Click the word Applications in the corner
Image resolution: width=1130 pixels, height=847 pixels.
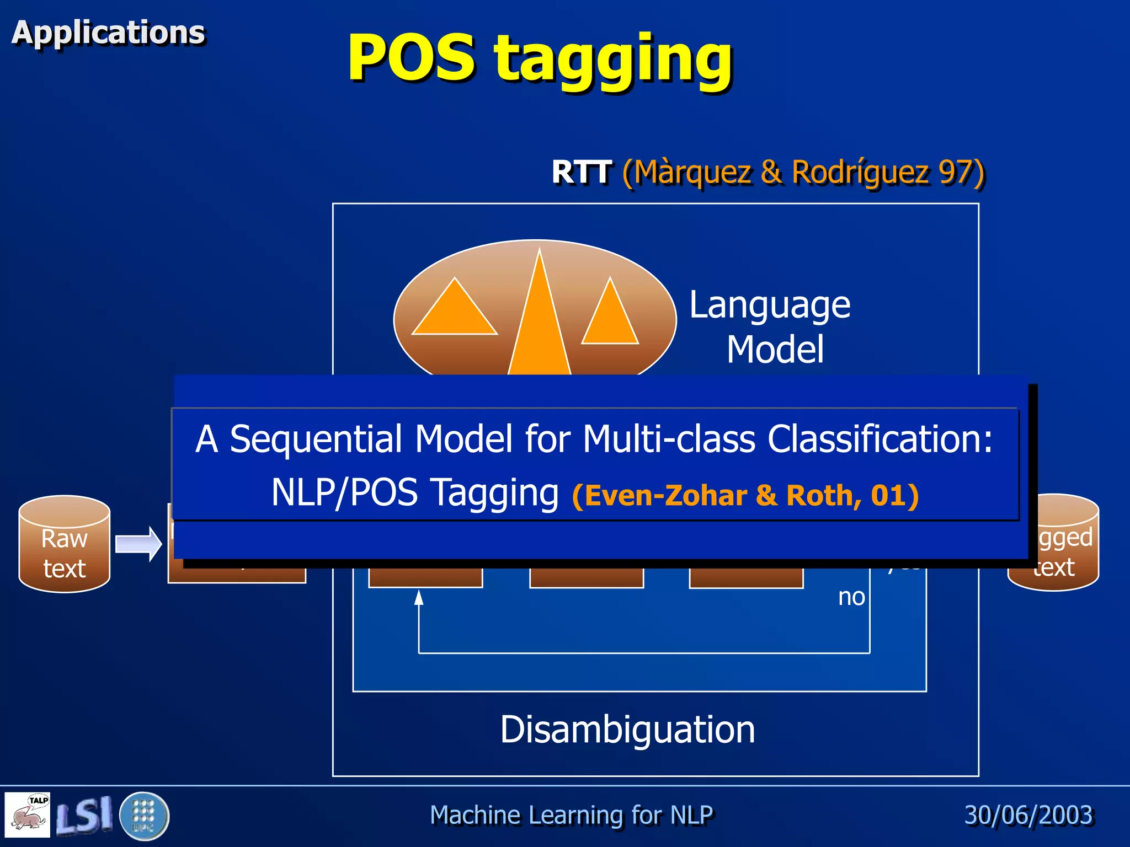click(108, 32)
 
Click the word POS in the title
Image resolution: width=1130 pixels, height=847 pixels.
click(411, 57)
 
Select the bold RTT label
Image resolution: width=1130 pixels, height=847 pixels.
click(581, 172)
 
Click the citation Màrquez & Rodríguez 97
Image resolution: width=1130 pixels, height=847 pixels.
click(803, 172)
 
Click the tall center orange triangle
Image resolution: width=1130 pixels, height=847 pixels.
click(539, 331)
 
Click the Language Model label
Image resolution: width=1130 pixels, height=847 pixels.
click(771, 326)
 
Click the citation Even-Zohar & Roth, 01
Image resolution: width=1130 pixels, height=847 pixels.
click(745, 495)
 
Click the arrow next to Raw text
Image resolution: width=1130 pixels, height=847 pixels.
click(138, 544)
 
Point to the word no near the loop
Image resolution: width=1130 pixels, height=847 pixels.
click(851, 597)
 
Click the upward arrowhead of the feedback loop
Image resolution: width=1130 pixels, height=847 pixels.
click(419, 597)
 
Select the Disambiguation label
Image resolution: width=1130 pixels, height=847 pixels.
click(627, 730)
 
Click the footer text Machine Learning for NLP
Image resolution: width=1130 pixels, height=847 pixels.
click(571, 815)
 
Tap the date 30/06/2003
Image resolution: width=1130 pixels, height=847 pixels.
click(1028, 815)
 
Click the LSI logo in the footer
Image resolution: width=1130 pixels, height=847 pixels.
click(84, 816)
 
